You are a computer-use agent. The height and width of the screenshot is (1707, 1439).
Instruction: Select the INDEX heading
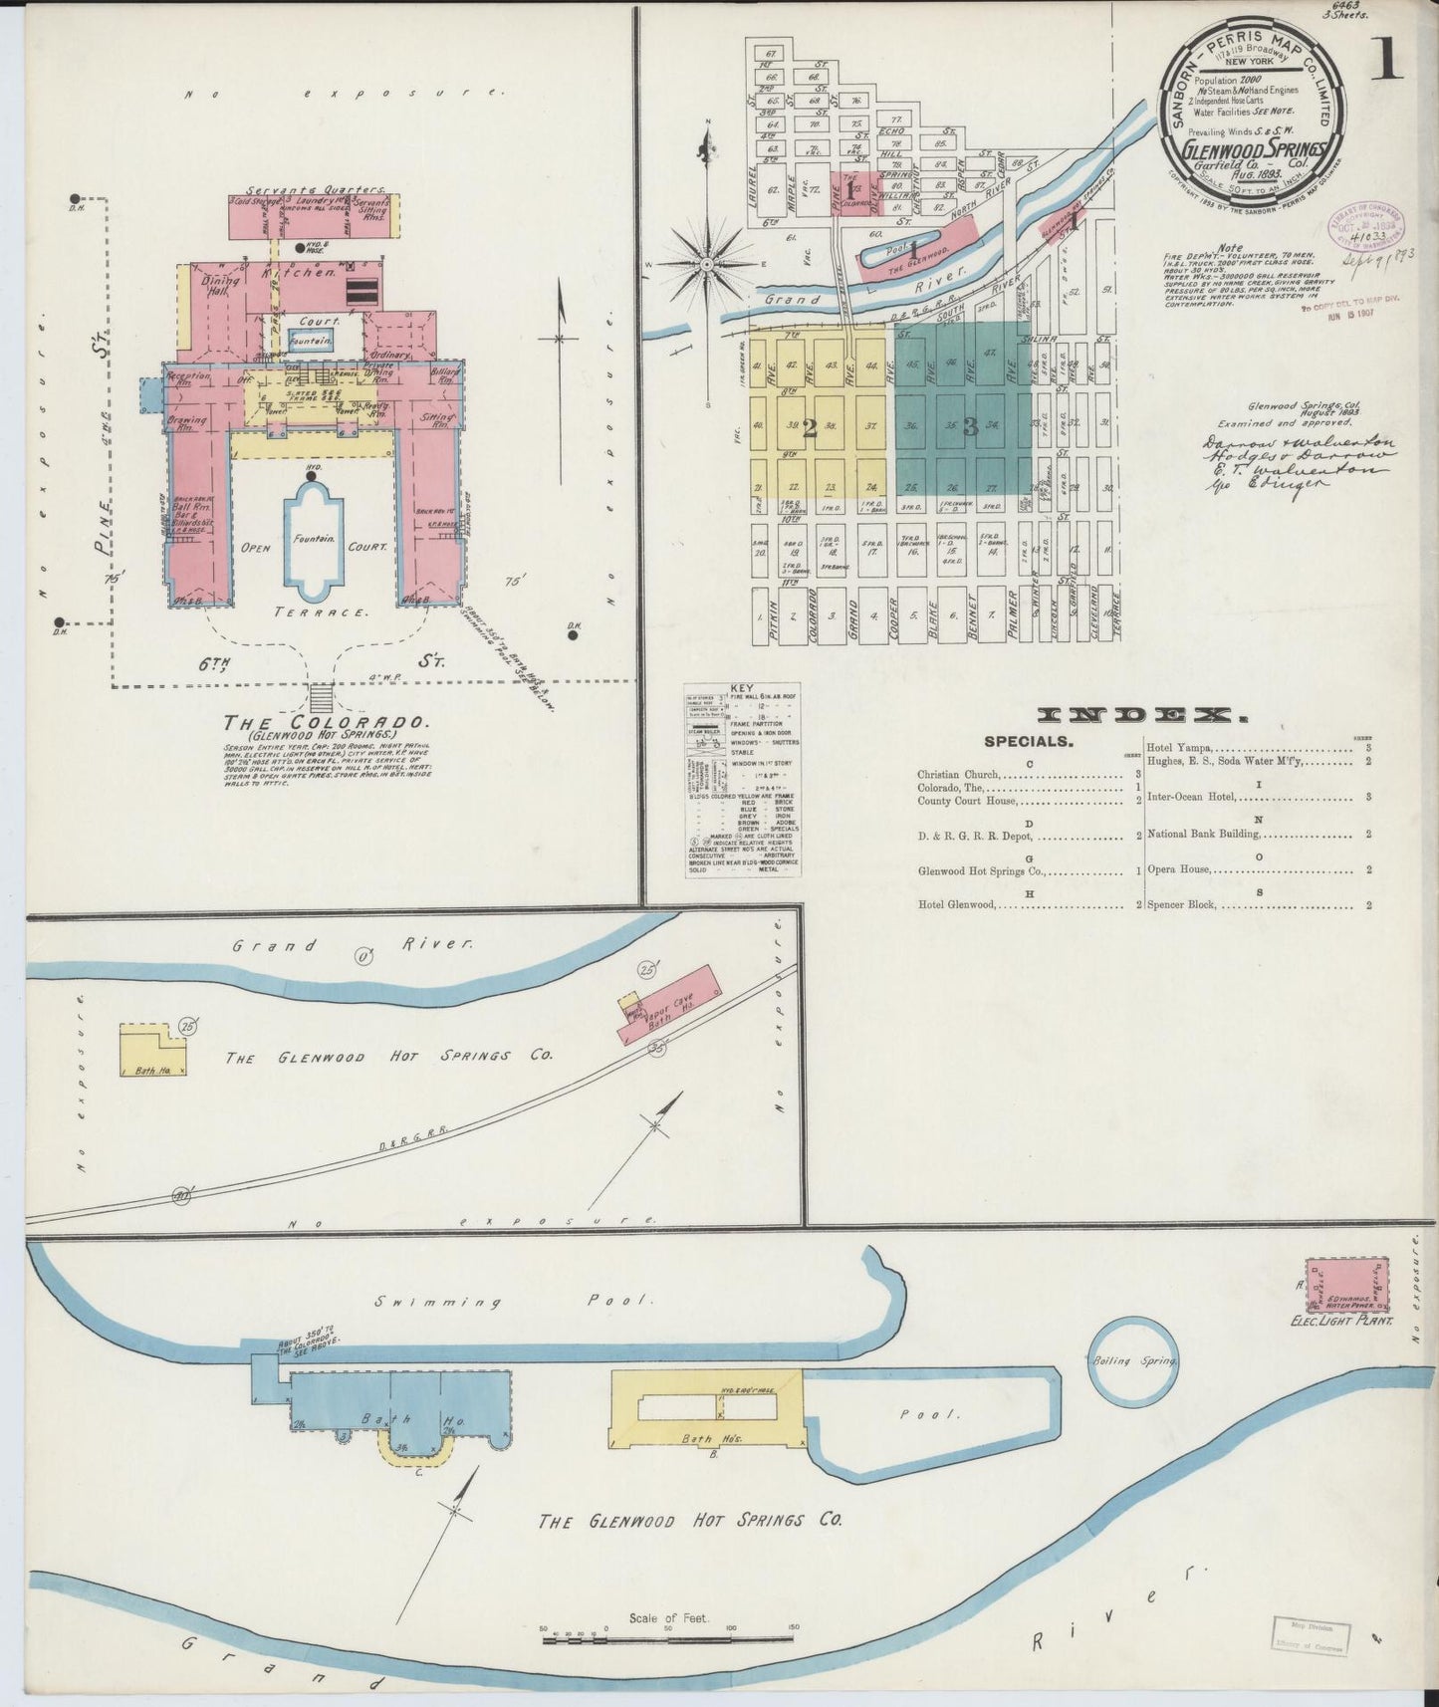coord(1141,714)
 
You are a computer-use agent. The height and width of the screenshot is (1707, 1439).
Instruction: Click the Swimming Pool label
coord(513,1301)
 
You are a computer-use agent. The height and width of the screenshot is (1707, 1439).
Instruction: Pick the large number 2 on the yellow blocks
coord(809,427)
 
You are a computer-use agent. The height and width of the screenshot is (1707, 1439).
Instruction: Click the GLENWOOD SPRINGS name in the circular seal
coord(1253,149)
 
